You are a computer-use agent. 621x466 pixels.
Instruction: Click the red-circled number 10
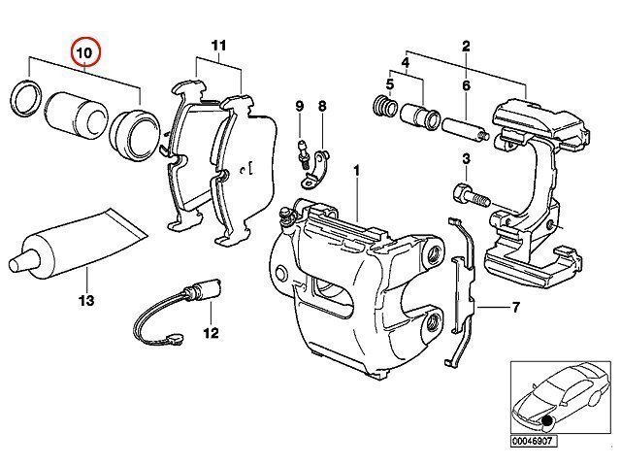click(x=85, y=52)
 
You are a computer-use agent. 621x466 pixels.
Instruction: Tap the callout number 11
click(x=218, y=46)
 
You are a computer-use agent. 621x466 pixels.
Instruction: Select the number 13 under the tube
click(x=86, y=301)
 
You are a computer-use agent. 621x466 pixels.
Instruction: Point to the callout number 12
click(x=212, y=333)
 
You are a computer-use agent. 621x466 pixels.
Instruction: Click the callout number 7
click(x=515, y=307)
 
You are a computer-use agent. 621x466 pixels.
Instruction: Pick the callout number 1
click(x=356, y=171)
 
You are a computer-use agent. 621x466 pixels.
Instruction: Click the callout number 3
click(x=466, y=159)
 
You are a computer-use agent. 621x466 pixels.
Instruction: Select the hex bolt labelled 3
click(x=473, y=196)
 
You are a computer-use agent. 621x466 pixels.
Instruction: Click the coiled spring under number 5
click(x=385, y=106)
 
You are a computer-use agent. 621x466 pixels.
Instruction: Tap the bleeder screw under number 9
click(x=304, y=155)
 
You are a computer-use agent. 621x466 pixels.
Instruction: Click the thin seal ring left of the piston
click(x=26, y=98)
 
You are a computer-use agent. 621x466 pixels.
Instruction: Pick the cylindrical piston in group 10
click(x=77, y=116)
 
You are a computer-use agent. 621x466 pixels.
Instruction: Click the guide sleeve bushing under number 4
click(x=420, y=116)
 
